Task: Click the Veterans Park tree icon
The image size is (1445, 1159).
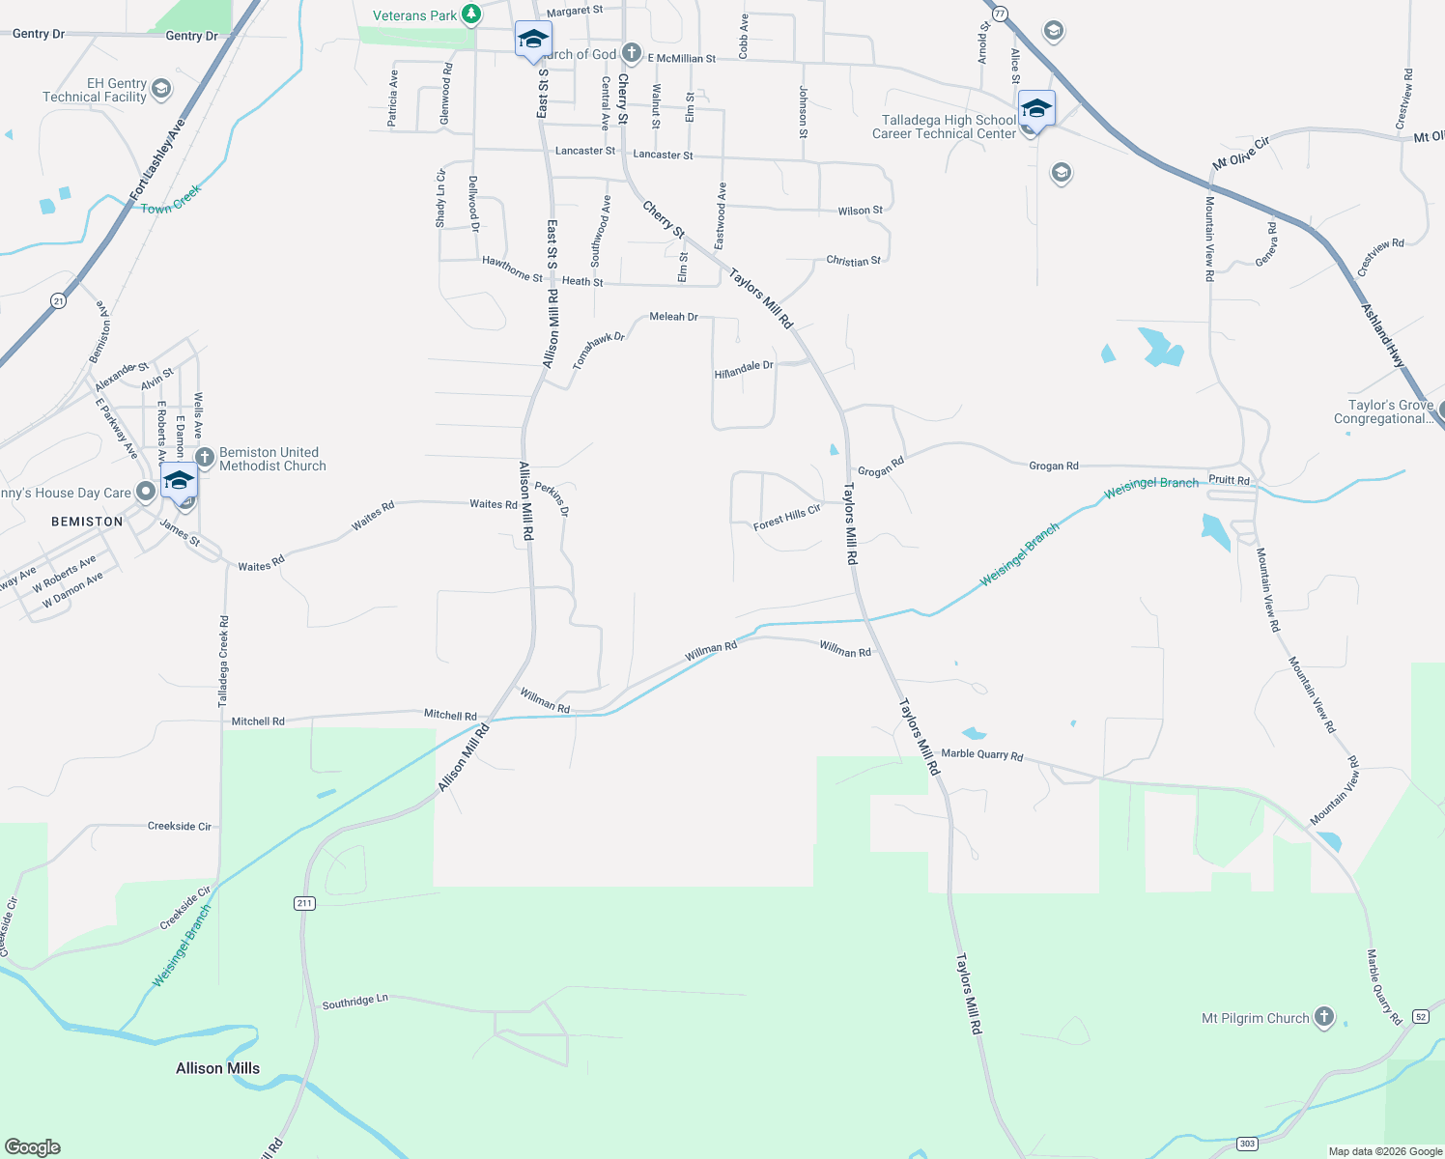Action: click(470, 14)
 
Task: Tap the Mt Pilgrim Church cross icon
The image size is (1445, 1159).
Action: click(1324, 1017)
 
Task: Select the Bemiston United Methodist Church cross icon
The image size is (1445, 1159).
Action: click(205, 457)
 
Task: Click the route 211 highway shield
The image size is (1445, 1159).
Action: click(304, 903)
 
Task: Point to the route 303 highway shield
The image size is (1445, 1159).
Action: click(1247, 1144)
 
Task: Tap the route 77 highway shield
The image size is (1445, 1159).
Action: click(1000, 14)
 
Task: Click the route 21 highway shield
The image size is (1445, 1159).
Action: click(59, 301)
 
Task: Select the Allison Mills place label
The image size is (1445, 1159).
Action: click(217, 1068)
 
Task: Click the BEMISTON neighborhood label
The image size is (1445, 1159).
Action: click(87, 522)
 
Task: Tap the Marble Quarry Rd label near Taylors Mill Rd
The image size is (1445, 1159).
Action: click(981, 754)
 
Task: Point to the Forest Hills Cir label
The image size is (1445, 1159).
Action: click(786, 517)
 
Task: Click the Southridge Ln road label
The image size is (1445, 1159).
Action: click(354, 1002)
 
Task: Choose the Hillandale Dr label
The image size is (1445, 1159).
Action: click(744, 370)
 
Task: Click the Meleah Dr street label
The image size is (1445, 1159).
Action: click(673, 317)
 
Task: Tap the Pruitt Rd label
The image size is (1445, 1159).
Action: click(1229, 480)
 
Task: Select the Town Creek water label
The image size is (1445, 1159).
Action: click(171, 201)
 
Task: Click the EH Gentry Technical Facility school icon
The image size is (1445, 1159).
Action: click(161, 90)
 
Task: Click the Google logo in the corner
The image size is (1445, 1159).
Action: click(33, 1147)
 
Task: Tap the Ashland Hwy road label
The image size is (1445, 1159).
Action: click(1383, 335)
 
